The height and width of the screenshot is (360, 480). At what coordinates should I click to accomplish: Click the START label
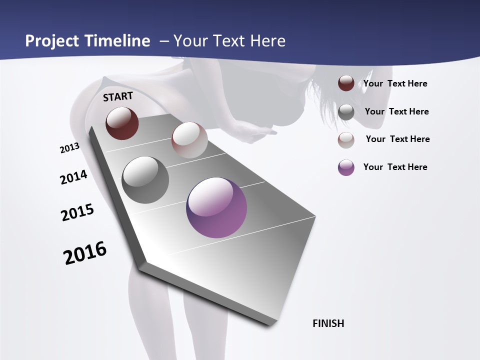click(118, 96)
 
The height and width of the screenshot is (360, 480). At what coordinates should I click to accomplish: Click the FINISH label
click(328, 323)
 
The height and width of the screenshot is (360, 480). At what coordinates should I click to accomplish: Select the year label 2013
click(69, 148)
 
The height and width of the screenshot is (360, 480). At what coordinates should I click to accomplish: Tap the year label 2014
click(73, 177)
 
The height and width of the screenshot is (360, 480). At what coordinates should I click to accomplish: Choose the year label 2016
click(85, 253)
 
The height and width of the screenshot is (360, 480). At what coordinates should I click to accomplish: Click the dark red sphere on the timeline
click(122, 123)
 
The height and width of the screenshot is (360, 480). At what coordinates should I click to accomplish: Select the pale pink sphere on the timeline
click(189, 140)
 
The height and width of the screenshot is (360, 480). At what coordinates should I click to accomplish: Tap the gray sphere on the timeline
click(145, 180)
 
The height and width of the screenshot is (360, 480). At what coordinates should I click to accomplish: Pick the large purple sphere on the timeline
click(216, 207)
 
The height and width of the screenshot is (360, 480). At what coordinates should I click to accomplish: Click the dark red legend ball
click(346, 83)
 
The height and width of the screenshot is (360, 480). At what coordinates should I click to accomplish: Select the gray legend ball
click(346, 111)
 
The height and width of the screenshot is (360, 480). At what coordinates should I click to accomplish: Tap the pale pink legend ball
click(346, 139)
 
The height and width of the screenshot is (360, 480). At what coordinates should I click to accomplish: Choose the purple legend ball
click(346, 167)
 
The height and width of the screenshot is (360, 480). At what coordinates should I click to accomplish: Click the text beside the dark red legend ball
click(395, 83)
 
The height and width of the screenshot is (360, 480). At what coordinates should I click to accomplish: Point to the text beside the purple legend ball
click(395, 167)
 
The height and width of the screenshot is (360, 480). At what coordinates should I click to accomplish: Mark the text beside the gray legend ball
click(396, 111)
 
